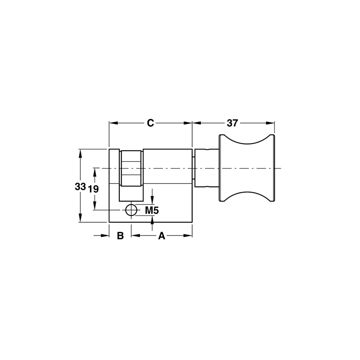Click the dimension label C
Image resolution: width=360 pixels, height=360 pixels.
(151, 122)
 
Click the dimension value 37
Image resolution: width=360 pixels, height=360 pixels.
(232, 122)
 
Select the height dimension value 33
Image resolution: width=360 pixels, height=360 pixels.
(81, 187)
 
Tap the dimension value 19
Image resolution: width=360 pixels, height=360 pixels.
(93, 189)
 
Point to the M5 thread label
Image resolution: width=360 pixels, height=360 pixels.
(152, 210)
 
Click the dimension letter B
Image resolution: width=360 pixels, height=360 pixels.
(120, 236)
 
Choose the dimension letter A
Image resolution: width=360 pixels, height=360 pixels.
(162, 236)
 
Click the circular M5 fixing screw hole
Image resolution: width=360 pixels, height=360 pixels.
(131, 210)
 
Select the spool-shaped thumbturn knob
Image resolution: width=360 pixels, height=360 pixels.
(247, 168)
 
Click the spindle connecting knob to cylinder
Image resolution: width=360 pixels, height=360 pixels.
(206, 168)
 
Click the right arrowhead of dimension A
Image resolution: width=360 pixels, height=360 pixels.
(189, 235)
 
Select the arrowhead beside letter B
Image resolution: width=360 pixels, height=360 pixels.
(106, 235)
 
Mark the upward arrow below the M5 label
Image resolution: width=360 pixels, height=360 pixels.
(153, 219)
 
